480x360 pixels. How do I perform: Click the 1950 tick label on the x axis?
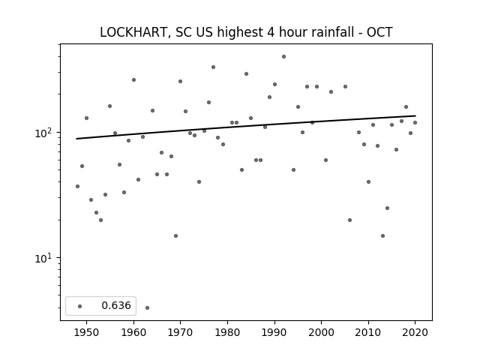(x=87, y=332)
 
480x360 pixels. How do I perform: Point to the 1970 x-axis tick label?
(x=180, y=332)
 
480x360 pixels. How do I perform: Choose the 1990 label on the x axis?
(x=274, y=332)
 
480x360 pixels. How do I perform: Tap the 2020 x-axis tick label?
(x=415, y=332)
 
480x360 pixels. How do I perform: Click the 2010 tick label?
(x=368, y=332)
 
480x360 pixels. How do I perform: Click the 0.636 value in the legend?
(x=116, y=305)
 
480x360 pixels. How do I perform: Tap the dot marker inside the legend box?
(x=80, y=306)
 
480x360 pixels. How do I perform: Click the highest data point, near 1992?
(x=283, y=57)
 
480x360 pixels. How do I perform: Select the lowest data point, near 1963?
(x=147, y=307)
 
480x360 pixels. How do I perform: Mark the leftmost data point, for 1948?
(x=77, y=186)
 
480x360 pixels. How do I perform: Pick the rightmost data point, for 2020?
(x=415, y=122)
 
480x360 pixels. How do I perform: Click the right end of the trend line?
(x=415, y=115)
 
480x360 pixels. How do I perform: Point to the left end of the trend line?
(x=76, y=139)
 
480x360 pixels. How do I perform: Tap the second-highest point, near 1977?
(x=213, y=67)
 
